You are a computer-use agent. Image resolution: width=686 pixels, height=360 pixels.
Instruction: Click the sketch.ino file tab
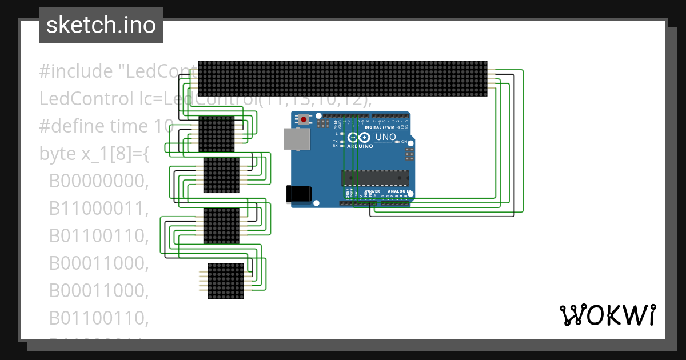(x=101, y=25)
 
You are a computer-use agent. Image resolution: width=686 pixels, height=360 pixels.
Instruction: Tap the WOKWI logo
(x=607, y=315)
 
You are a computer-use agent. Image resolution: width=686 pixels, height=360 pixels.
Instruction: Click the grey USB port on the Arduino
(x=295, y=139)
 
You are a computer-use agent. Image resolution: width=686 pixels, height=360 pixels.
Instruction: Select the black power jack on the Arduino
(x=299, y=193)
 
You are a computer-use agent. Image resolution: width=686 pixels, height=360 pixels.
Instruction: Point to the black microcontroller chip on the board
(x=376, y=178)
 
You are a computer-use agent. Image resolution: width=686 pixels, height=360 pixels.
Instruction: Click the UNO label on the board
(x=385, y=137)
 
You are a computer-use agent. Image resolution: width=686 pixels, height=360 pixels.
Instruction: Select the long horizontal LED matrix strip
(x=342, y=78)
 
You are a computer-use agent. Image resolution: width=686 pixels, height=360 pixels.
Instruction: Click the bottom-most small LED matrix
(x=225, y=281)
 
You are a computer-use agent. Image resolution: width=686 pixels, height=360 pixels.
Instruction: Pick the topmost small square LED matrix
(x=217, y=134)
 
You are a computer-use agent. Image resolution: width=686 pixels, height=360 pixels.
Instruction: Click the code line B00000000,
(x=99, y=181)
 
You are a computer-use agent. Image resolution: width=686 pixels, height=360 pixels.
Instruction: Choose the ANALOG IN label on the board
(x=398, y=191)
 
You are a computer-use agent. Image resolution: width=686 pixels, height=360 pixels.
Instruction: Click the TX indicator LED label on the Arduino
(x=335, y=141)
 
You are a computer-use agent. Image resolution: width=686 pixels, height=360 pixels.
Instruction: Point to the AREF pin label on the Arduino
(x=336, y=122)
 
